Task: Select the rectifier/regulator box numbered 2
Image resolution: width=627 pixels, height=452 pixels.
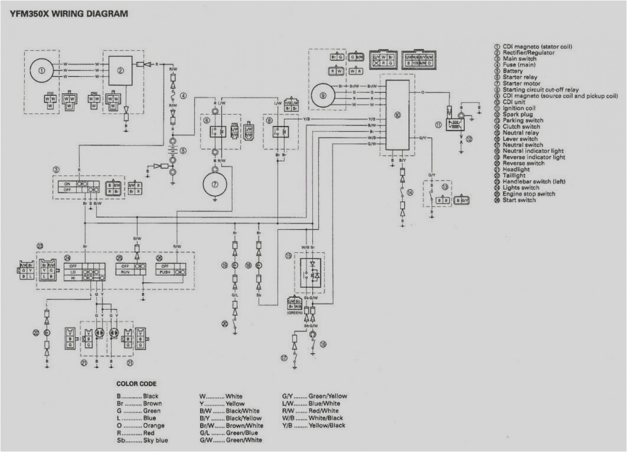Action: pyautogui.click(x=120, y=71)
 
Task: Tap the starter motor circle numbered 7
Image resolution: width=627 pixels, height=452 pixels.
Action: pyautogui.click(x=215, y=183)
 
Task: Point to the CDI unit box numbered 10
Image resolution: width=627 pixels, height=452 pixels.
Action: pyautogui.click(x=398, y=115)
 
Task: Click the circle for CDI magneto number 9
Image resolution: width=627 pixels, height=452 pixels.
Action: pyautogui.click(x=323, y=95)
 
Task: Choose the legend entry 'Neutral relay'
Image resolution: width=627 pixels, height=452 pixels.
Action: pyautogui.click(x=521, y=133)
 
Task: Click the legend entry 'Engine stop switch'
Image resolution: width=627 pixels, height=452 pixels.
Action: pyautogui.click(x=528, y=194)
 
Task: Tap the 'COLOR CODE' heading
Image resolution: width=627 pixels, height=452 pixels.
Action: pyautogui.click(x=136, y=384)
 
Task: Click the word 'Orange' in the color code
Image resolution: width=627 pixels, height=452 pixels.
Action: pyautogui.click(x=153, y=426)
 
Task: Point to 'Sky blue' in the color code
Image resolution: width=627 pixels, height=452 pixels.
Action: pyautogui.click(x=155, y=440)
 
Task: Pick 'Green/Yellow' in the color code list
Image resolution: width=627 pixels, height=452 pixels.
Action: pyautogui.click(x=328, y=396)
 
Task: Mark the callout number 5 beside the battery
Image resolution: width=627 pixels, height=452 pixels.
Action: pyautogui.click(x=183, y=151)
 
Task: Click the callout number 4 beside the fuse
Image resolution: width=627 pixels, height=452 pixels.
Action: pyautogui.click(x=183, y=96)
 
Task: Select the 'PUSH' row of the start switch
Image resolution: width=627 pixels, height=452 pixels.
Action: pyautogui.click(x=165, y=273)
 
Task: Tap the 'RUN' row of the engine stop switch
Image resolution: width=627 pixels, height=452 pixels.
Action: pyautogui.click(x=125, y=273)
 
